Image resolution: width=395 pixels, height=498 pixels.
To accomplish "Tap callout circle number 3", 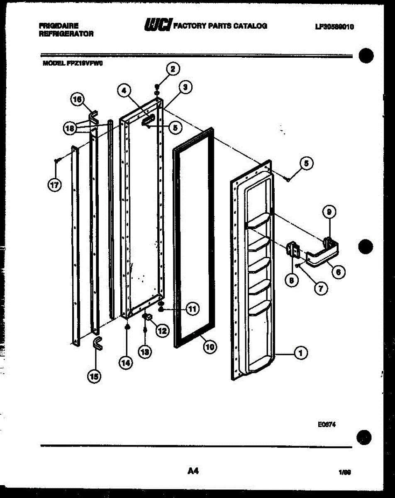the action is pos(185,87).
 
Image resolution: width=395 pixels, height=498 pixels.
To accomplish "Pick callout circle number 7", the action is pos(320,288).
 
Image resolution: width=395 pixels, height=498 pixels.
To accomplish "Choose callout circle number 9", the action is pos(329,212).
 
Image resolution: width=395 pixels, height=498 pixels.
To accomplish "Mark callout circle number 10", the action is pos(210,347).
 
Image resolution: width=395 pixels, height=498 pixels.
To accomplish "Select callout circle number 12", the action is pos(162,331).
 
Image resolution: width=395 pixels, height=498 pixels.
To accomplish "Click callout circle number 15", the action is pos(94,376).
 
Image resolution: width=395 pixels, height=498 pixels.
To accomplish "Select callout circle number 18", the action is pos(70,129).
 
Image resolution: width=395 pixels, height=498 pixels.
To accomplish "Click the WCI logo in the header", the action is pos(157,26).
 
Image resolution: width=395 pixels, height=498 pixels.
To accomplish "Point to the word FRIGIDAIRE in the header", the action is pos(59,26).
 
